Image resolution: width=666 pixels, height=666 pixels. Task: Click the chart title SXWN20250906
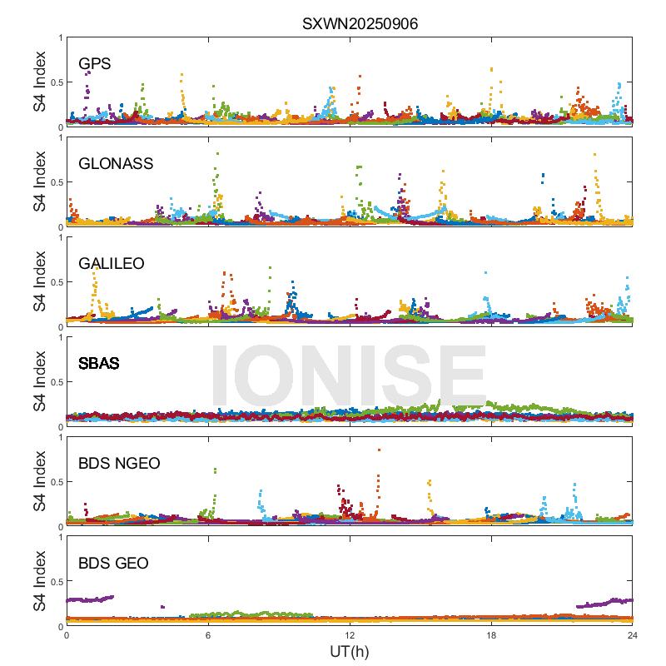pyautogui.click(x=360, y=24)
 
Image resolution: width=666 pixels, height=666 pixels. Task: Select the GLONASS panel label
pyautogui.click(x=116, y=163)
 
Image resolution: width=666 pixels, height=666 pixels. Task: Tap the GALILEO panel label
pyautogui.click(x=112, y=263)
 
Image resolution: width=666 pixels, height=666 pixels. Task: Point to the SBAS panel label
pyautogui.click(x=98, y=363)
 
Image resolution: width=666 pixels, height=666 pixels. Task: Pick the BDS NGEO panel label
pyautogui.click(x=119, y=463)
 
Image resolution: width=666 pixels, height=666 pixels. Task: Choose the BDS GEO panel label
pyautogui.click(x=113, y=564)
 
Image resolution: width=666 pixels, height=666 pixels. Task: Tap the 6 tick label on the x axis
pyautogui.click(x=208, y=634)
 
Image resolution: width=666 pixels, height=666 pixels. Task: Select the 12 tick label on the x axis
pyautogui.click(x=350, y=634)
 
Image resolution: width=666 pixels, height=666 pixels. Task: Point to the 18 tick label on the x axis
pyautogui.click(x=491, y=634)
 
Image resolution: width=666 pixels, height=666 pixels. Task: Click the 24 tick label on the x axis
pyautogui.click(x=633, y=634)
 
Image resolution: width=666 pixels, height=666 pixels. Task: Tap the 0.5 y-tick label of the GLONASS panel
pyautogui.click(x=55, y=182)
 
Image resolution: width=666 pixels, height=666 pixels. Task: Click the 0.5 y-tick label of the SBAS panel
pyautogui.click(x=55, y=382)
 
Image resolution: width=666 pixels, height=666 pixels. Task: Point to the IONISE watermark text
pyautogui.click(x=349, y=375)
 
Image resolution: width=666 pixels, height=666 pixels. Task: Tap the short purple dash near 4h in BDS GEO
pyautogui.click(x=162, y=607)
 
